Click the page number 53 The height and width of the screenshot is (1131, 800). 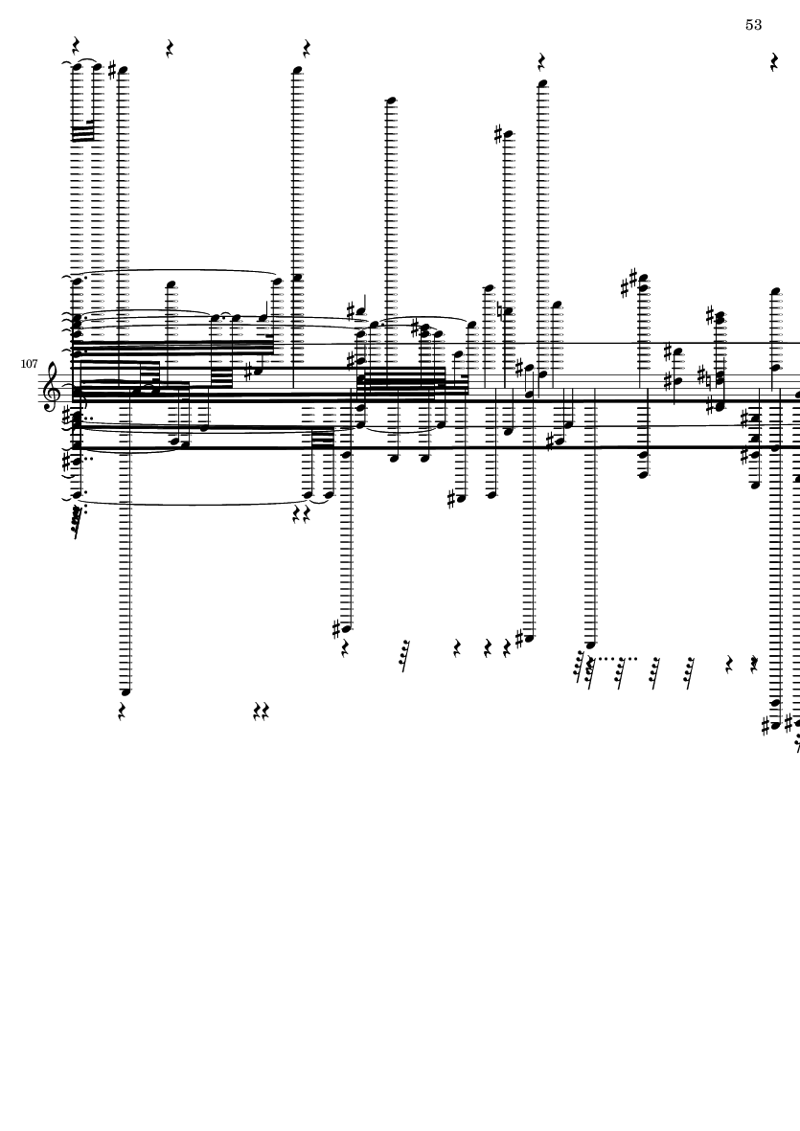point(753,25)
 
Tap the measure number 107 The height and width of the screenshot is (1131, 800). point(29,364)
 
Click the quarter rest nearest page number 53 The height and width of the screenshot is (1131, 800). point(774,62)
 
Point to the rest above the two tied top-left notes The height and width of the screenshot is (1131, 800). point(76,46)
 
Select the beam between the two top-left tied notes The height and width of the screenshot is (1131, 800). point(83,133)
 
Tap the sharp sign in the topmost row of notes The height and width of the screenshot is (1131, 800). point(112,70)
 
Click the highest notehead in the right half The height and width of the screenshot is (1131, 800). point(542,83)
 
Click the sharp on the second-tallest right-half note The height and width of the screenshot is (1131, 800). point(498,133)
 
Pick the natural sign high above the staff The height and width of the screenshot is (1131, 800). point(501,311)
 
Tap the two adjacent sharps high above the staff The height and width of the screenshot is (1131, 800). point(629,283)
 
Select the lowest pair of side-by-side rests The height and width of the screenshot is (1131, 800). point(262,712)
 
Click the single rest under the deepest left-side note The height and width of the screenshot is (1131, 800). point(122,712)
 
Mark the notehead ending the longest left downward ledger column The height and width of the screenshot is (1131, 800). point(126,691)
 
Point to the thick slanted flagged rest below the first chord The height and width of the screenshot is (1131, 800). point(78,521)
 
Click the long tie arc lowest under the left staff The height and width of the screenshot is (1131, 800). point(194,502)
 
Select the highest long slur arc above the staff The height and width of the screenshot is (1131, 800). point(176,271)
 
